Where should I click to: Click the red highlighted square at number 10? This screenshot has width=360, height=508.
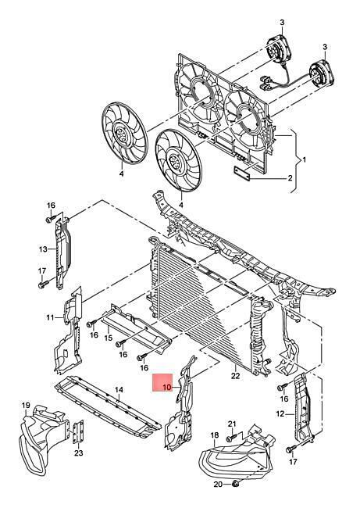coord(162,382)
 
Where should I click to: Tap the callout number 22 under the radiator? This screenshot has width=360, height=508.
coord(235,376)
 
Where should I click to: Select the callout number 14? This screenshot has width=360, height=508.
coord(119,389)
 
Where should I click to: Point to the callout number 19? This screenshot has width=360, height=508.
coord(26,405)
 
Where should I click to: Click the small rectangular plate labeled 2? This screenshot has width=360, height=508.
coord(242,174)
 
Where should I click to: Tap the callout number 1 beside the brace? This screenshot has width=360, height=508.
coord(304,159)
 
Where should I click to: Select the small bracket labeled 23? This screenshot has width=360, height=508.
coord(78,433)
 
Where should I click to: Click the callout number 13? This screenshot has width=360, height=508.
coord(43,249)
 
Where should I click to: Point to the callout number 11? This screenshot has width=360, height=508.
coord(50,317)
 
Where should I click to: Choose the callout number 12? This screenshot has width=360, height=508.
coord(280,413)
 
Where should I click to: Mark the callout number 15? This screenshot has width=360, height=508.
coord(109,338)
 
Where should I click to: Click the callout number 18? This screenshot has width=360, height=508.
coord(215,435)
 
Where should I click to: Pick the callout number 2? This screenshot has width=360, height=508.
coord(290,178)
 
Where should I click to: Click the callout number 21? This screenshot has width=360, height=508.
coord(232,424)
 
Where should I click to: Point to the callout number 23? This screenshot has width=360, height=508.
coord(78,453)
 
